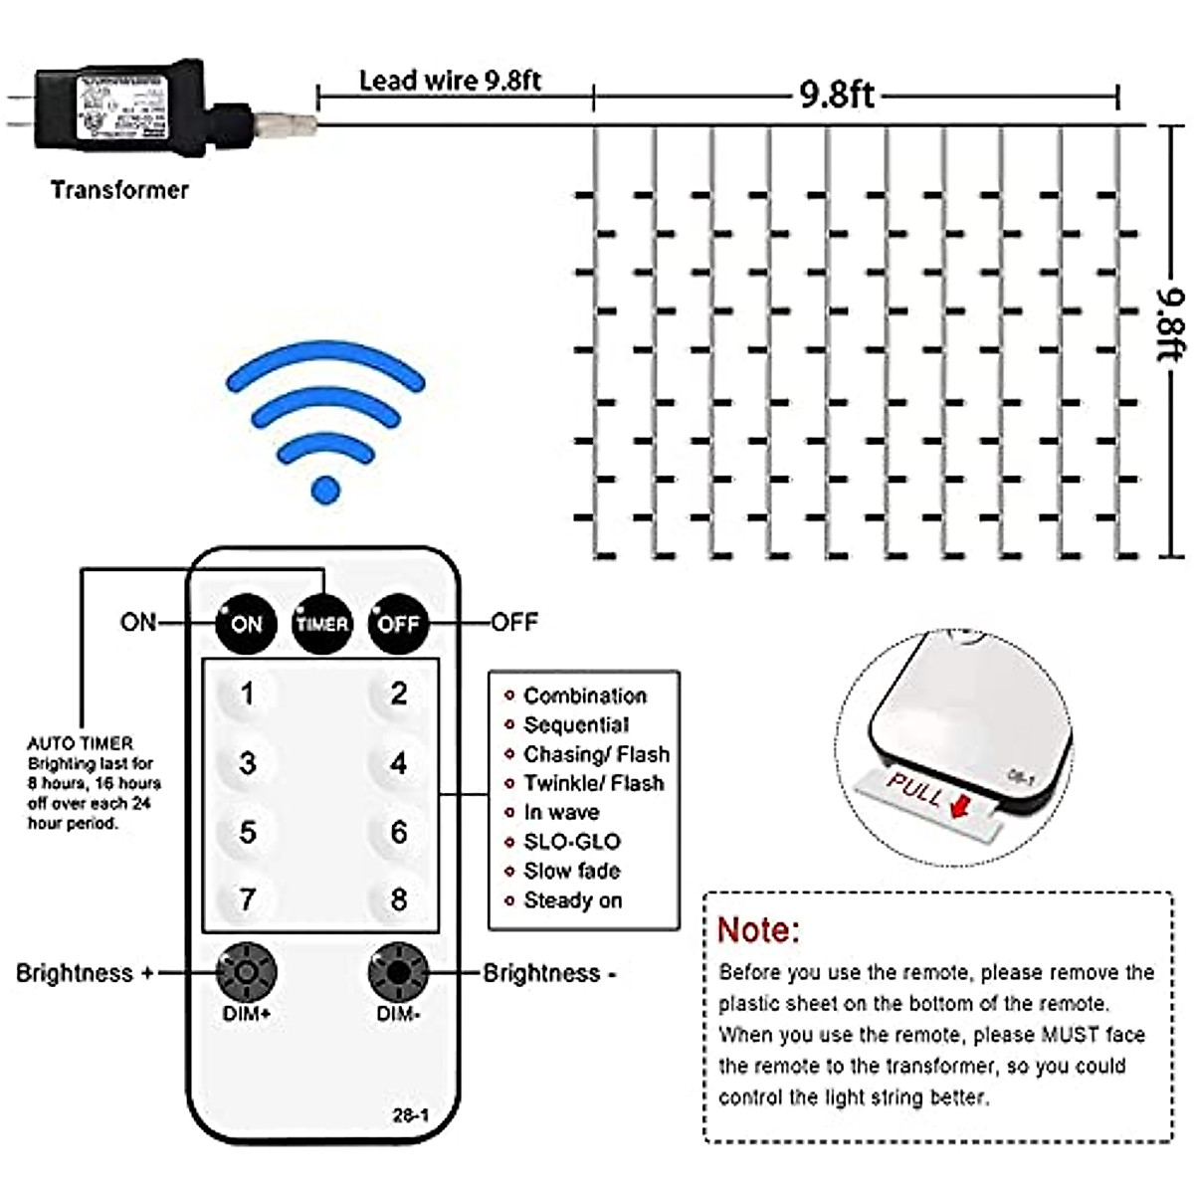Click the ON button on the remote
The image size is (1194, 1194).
[x=246, y=624]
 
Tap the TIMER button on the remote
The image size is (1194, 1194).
[x=322, y=624]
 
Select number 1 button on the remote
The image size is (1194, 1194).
[x=247, y=694]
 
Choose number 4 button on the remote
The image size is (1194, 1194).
[x=398, y=763]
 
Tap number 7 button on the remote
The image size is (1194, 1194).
[x=247, y=899]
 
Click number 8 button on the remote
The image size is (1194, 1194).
[x=398, y=899]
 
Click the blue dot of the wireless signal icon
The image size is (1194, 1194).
[x=325, y=490]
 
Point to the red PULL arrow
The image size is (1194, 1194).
[x=959, y=805]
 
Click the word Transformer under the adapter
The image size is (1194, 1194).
[x=119, y=190]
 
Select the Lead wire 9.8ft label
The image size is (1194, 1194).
[x=450, y=81]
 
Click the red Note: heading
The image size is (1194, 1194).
[x=758, y=930]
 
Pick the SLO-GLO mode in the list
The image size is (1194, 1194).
[x=571, y=842]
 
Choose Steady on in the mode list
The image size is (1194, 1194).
[x=572, y=900]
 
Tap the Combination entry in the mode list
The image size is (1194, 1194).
[x=584, y=696]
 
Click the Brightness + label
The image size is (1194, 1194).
[x=85, y=973]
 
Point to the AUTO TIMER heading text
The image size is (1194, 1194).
[x=80, y=743]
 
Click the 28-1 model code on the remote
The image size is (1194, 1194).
[x=410, y=1115]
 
